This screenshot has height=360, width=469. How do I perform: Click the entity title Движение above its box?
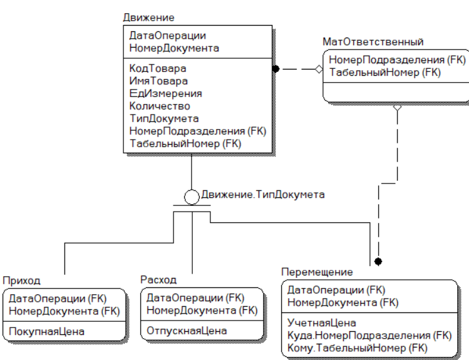(148, 18)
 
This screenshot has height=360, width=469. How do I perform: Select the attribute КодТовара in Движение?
(158, 69)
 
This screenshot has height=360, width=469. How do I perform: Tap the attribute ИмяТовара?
(158, 81)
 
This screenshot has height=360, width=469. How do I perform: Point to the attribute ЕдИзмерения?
(165, 94)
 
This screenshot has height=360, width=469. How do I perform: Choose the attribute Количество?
(160, 106)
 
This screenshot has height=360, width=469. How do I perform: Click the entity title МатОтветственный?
(373, 42)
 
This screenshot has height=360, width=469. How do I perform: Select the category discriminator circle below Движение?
(192, 197)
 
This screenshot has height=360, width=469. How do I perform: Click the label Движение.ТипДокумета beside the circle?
(263, 195)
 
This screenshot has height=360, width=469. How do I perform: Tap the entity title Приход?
(21, 280)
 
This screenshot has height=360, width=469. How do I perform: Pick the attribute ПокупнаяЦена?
(47, 332)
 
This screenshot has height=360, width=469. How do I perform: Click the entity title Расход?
(158, 280)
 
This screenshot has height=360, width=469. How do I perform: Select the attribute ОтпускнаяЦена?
(187, 331)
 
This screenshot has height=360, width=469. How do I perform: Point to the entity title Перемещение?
(317, 272)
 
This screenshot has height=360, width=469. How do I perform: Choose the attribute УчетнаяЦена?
(322, 323)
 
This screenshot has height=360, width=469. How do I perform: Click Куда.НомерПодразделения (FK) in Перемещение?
(369, 336)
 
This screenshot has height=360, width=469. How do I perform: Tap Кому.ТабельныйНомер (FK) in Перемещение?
(358, 348)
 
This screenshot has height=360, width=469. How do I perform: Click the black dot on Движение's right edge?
(276, 69)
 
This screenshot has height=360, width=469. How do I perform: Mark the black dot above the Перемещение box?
(378, 262)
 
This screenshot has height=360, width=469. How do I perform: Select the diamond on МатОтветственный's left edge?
(319, 69)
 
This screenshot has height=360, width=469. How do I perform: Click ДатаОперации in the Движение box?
(168, 36)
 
